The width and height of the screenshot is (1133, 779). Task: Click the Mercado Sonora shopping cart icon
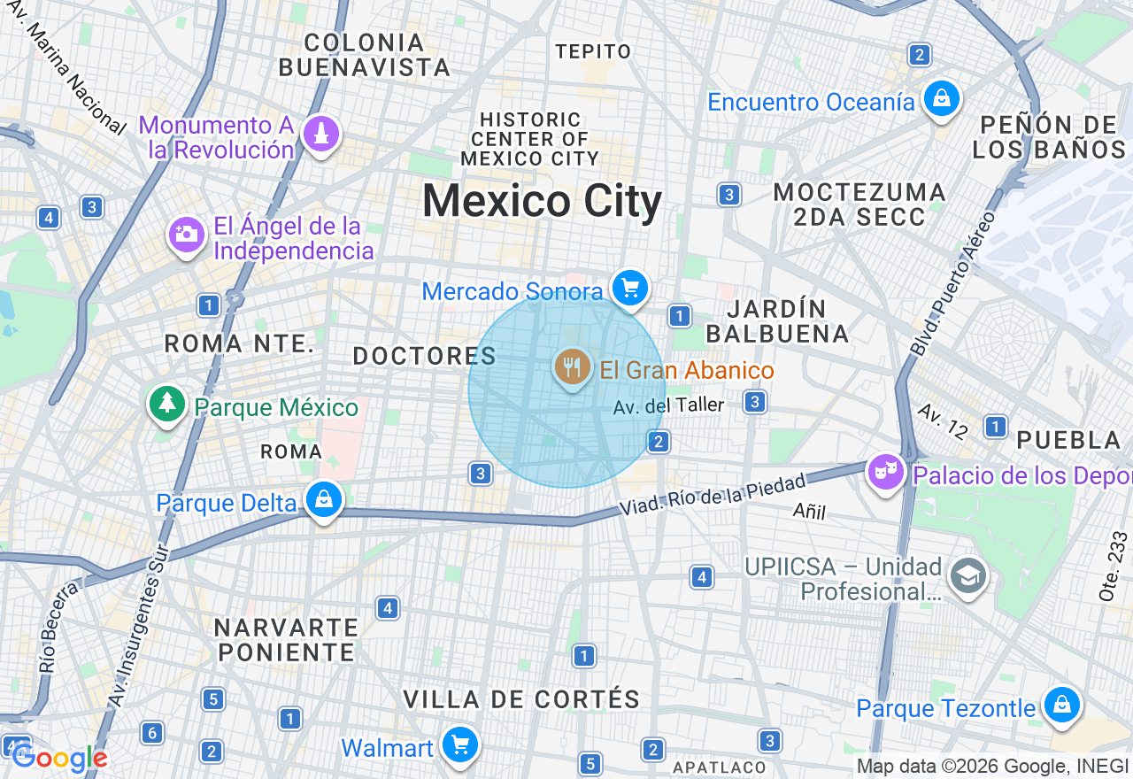(x=630, y=288)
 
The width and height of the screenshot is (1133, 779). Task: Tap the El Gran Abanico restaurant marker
(x=572, y=366)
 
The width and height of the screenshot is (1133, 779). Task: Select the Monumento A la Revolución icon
(x=320, y=135)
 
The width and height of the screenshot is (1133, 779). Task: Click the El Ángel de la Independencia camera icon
(x=186, y=235)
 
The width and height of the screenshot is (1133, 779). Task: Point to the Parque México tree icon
(x=166, y=405)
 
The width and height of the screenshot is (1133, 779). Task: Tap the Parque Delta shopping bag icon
(x=324, y=500)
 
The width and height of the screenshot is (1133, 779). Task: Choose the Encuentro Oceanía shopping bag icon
(x=941, y=98)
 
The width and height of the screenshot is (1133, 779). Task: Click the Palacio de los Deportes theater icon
(x=884, y=473)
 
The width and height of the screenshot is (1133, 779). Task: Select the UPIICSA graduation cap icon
(x=967, y=576)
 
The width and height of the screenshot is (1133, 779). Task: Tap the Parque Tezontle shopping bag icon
(x=1060, y=706)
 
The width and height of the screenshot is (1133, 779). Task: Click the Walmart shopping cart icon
(x=460, y=744)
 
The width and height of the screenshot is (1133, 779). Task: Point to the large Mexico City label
(x=542, y=202)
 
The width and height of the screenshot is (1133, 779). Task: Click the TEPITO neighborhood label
(x=593, y=51)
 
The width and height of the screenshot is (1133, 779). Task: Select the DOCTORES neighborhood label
(x=424, y=356)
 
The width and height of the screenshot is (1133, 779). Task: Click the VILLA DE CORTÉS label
(x=521, y=698)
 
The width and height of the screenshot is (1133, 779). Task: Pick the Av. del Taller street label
(x=668, y=405)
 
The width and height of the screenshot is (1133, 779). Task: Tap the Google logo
(x=59, y=758)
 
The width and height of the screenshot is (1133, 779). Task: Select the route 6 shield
(x=152, y=733)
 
